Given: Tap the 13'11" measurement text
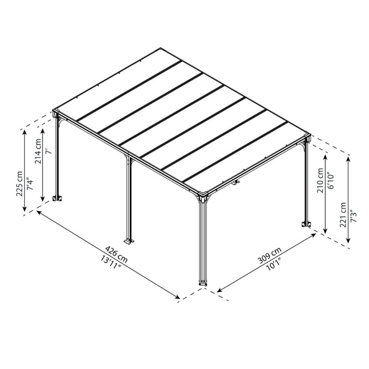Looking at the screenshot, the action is [x=111, y=263].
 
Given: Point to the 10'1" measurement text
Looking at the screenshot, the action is [x=274, y=264].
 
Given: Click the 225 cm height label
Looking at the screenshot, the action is [x=19, y=183].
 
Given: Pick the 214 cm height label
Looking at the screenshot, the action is [x=38, y=151].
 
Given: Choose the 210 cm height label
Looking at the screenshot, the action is [x=321, y=180].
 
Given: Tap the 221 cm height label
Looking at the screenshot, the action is [x=343, y=215].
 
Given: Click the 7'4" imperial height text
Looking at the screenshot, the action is [x=30, y=186].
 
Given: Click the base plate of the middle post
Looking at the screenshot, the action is [x=129, y=241].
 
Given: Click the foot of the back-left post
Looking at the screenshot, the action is [x=57, y=198].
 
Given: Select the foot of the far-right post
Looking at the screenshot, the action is [x=306, y=224].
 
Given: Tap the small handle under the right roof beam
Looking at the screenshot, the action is [x=235, y=183].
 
